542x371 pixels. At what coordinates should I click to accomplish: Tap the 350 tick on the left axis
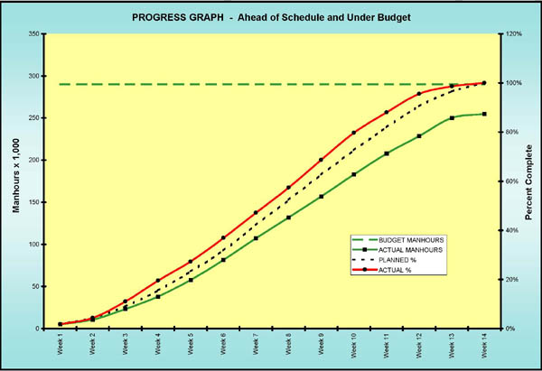click(32, 34)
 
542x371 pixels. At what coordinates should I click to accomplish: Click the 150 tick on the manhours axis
click(32, 202)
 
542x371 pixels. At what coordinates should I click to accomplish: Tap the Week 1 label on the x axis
click(61, 346)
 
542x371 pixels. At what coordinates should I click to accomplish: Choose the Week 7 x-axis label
click(256, 346)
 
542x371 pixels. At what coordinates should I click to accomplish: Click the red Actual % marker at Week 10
click(354, 133)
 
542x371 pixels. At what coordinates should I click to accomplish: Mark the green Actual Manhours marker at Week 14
click(484, 114)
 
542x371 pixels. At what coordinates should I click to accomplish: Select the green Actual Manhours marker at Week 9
click(321, 196)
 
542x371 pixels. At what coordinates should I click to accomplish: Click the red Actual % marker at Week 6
click(223, 238)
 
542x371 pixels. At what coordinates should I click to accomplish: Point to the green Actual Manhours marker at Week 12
click(419, 136)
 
